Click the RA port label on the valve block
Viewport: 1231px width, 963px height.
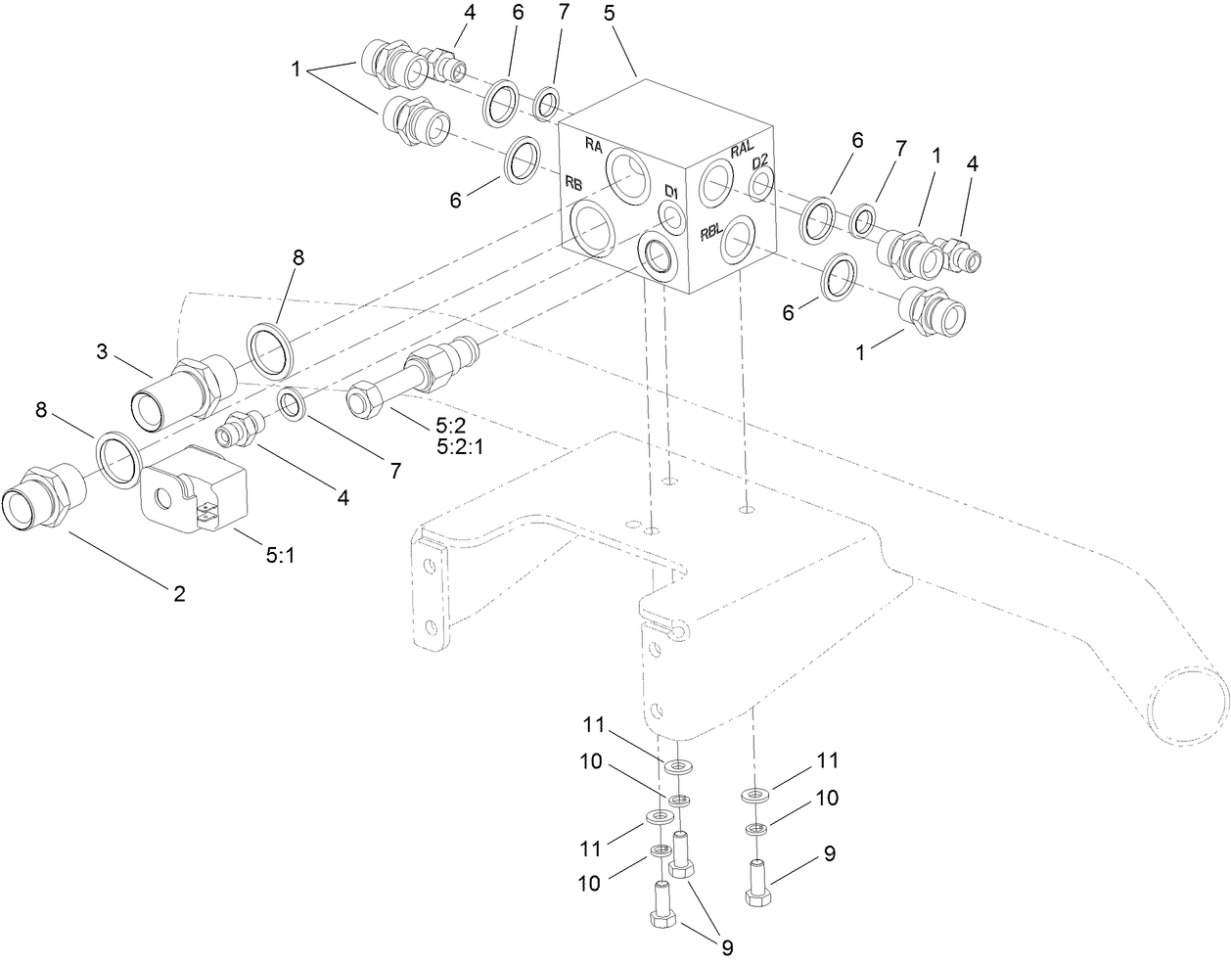(x=593, y=145)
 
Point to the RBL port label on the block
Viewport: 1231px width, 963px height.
(x=711, y=234)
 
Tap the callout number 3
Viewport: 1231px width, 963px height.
(x=102, y=352)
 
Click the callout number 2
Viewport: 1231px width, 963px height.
(x=179, y=593)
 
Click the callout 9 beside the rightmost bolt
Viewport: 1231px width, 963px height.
(x=830, y=853)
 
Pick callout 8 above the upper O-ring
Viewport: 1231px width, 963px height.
(x=298, y=257)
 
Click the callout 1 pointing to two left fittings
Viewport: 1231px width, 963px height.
(x=295, y=69)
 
